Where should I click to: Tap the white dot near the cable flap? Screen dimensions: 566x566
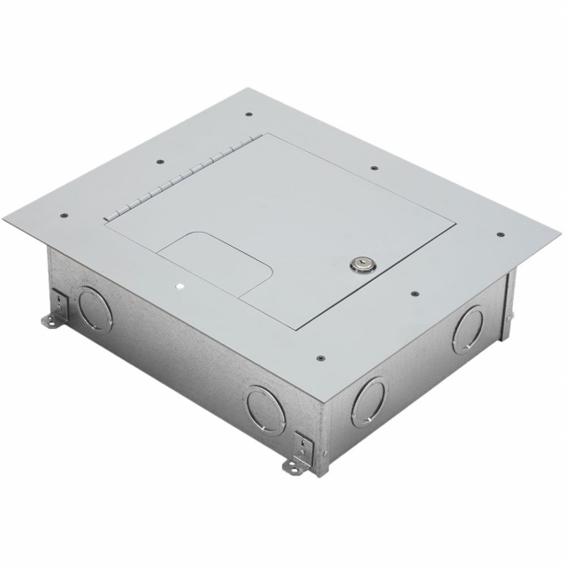[x=180, y=287]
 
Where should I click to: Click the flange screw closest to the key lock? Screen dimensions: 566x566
[x=412, y=287]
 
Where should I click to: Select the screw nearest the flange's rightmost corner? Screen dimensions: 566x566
[x=500, y=235]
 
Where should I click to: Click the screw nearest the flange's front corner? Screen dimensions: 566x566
[x=319, y=359]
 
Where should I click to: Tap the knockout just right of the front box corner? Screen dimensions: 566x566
[x=368, y=398]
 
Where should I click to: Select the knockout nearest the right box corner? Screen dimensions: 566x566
[x=467, y=330]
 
